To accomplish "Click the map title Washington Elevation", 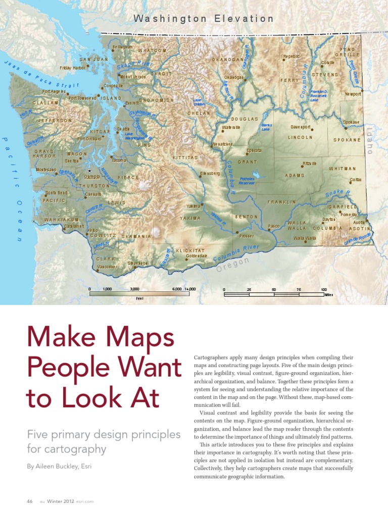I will (204, 19).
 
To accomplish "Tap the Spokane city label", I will (351, 122).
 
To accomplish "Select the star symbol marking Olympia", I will (89, 171).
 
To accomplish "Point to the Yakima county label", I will (190, 218).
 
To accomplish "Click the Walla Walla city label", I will (305, 237).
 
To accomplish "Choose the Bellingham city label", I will (122, 47).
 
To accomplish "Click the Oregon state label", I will (233, 264).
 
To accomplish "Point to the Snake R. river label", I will (338, 193).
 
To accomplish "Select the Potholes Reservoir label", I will (247, 181).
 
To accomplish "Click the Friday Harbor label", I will (73, 68).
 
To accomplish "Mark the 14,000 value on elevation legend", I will (190, 289).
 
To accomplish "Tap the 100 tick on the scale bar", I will (323, 289).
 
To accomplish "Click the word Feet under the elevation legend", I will (140, 299).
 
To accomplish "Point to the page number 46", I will (29, 501).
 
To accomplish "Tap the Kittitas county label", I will (185, 158).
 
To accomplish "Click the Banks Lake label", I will (267, 127).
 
